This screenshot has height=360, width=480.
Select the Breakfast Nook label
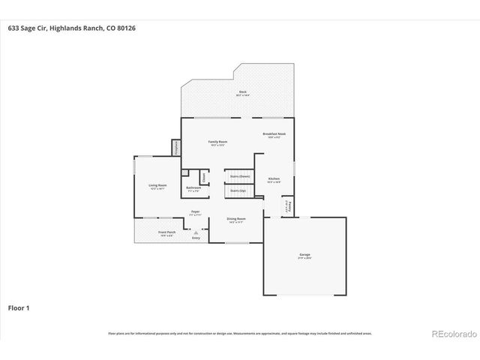274,136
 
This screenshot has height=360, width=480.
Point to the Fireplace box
175,147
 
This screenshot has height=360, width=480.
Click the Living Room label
157,186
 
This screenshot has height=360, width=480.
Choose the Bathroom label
193,189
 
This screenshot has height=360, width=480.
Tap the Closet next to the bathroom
202,176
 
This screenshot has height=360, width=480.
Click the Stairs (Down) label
239,176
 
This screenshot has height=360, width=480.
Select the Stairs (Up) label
238,191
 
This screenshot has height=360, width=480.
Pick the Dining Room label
236,220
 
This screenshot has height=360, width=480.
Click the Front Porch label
166,233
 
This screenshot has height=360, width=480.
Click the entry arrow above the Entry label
196,232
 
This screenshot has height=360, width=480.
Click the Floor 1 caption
19,307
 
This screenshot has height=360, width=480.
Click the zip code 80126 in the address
127,28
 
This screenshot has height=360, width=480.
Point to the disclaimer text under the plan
240,333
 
